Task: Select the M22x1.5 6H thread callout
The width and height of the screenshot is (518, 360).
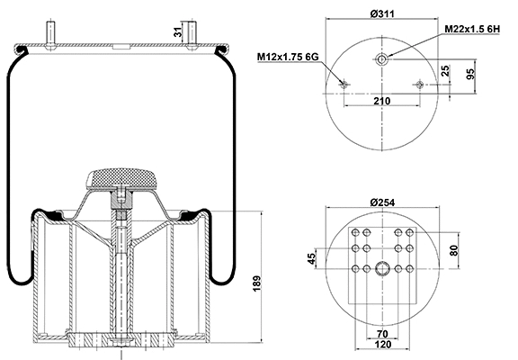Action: click(472, 31)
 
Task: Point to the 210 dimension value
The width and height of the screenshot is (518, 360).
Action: click(382, 101)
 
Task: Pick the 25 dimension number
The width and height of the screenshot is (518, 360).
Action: click(445, 70)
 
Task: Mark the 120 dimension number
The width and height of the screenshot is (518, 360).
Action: click(383, 346)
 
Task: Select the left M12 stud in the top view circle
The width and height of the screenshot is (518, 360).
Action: click(344, 85)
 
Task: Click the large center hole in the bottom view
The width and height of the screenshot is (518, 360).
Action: click(383, 268)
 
